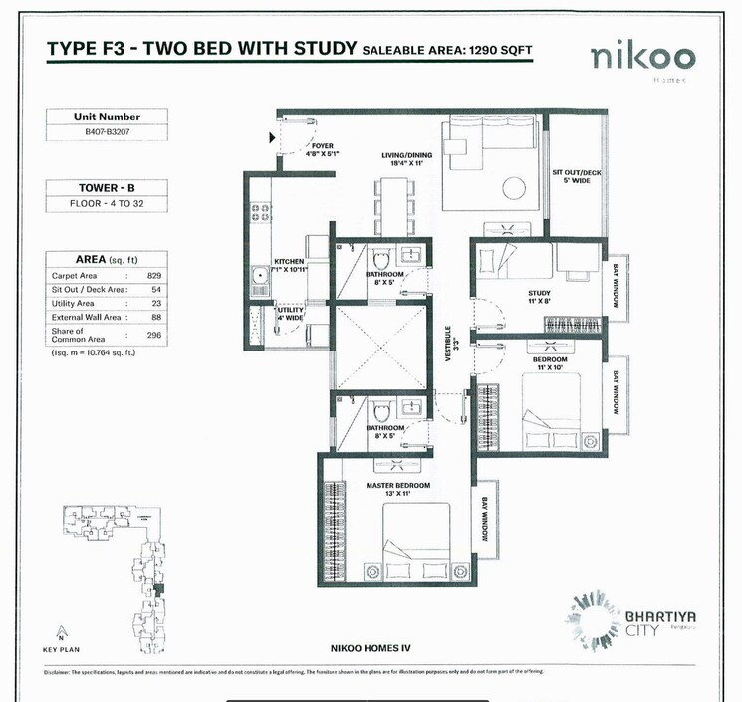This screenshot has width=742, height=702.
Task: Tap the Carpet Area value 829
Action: click(x=154, y=274)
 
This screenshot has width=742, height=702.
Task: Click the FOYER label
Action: click(x=322, y=148)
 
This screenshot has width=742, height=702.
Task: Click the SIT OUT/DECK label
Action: click(x=578, y=175)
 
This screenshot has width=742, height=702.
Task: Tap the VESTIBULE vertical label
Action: click(x=449, y=344)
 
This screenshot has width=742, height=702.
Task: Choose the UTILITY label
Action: click(x=291, y=313)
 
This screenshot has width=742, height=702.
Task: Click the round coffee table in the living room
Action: click(x=516, y=187)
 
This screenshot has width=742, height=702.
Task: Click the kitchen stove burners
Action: click(x=261, y=212)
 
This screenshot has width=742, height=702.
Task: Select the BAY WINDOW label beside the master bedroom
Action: click(x=486, y=519)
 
